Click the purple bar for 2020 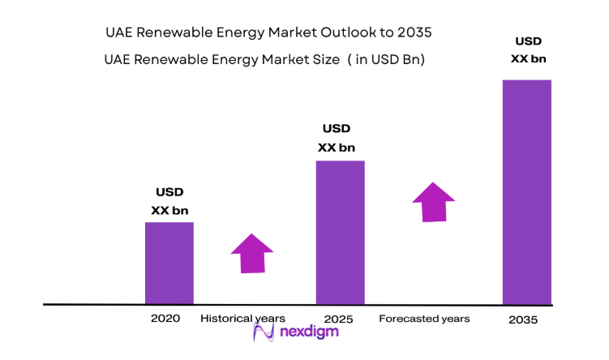point(169,263)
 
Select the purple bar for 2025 point(340,232)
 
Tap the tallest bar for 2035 point(526,191)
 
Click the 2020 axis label point(165,318)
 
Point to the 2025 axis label point(337,319)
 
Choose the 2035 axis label point(523,319)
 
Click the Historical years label point(242,318)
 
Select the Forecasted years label point(424,319)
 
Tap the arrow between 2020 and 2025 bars point(252,253)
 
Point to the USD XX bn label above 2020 point(169,201)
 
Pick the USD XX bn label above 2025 point(337,138)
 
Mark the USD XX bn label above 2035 point(529,49)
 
